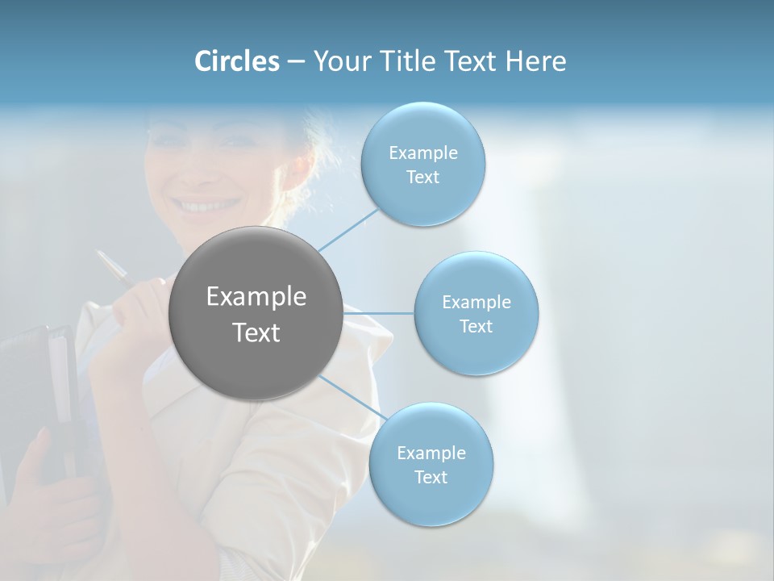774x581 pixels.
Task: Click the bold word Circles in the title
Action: tap(236, 61)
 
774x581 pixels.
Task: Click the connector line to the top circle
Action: tap(347, 230)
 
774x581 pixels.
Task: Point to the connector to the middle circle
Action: tap(379, 313)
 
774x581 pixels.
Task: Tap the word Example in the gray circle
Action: tap(256, 297)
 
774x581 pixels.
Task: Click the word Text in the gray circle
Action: tap(256, 332)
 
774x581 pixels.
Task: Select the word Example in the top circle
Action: tap(423, 153)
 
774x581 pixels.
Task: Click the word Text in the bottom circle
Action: tap(431, 477)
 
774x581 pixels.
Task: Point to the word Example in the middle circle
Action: tap(476, 303)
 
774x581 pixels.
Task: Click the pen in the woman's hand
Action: tap(114, 267)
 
